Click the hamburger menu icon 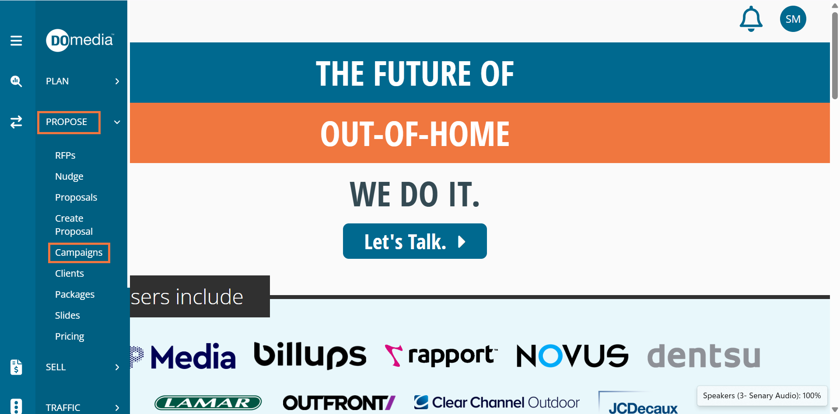point(16,41)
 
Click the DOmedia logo point(80,40)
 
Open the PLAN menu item point(57,81)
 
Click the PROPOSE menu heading point(66,122)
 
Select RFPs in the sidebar point(65,156)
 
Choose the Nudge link point(69,177)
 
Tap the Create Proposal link point(74,225)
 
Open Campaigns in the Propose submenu point(79,253)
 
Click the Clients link point(70,274)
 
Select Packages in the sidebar point(75,295)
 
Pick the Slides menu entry point(67,316)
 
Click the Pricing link point(70,337)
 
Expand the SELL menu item point(56,367)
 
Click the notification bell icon point(751,19)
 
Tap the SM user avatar point(793,19)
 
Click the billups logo point(310,355)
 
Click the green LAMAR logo point(208,403)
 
